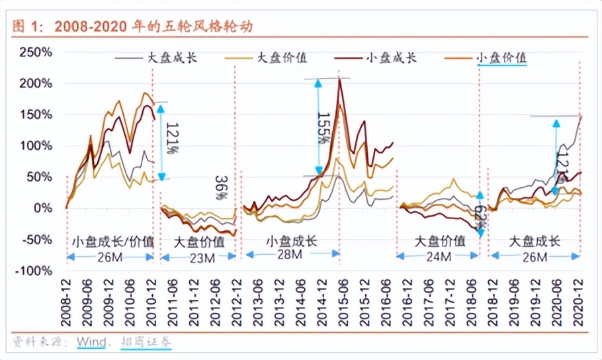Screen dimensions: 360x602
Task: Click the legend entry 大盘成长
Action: (172, 58)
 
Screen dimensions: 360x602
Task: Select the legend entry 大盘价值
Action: (282, 58)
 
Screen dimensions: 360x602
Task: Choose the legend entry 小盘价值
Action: (501, 58)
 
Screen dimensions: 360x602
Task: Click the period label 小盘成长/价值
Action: (112, 241)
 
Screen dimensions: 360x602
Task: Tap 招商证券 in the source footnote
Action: (146, 342)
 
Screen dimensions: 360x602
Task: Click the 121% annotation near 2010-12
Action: (171, 139)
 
